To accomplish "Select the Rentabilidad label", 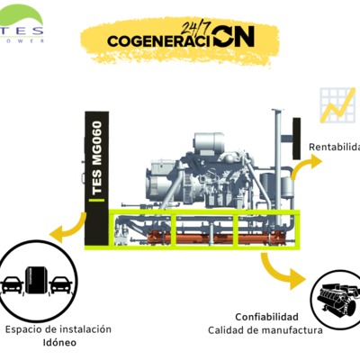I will click(x=334, y=147).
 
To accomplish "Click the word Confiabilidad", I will click(x=266, y=317).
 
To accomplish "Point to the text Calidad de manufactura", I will click(x=265, y=330).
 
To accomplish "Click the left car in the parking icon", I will click(x=13, y=284).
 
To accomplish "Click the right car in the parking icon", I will click(x=60, y=284).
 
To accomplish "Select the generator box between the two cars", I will click(x=36, y=280).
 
